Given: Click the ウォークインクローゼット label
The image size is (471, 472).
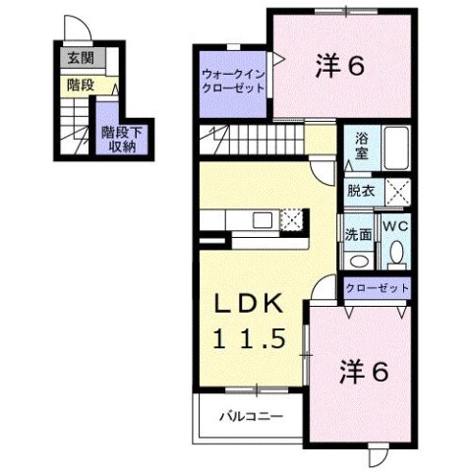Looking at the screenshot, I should (x=232, y=80).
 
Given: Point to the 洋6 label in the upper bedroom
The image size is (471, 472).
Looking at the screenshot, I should (x=341, y=66).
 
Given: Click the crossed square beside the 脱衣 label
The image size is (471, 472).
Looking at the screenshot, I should (x=396, y=192).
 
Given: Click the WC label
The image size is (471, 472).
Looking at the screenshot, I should (x=395, y=226).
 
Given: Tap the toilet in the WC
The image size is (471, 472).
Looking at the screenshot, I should (x=396, y=254).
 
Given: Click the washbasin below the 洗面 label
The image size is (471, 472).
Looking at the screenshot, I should (x=359, y=260).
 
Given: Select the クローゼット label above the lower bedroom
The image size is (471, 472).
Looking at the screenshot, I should (x=377, y=288).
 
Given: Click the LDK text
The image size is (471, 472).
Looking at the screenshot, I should (x=251, y=304).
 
